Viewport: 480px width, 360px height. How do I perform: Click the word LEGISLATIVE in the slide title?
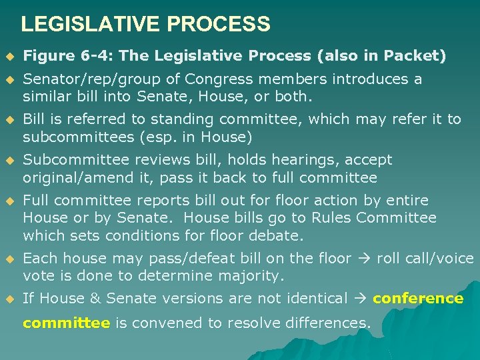91,25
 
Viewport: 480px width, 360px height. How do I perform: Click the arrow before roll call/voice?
366,258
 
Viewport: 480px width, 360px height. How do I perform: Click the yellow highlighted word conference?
418,299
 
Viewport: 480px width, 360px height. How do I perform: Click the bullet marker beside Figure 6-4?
9,55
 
